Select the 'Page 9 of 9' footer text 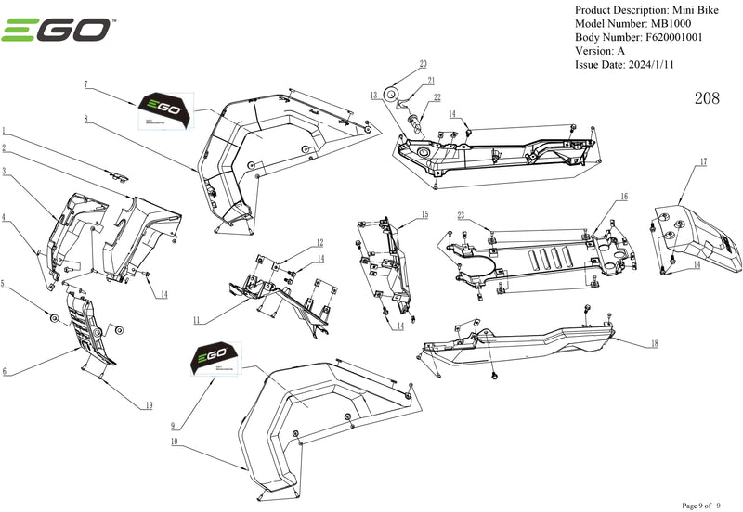708,506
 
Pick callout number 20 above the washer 423,64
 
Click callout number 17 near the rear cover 703,162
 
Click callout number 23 461,215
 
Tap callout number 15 424,214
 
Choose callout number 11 196,320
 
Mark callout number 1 5,132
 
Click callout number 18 655,343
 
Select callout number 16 624,196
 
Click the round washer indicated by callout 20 393,93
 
